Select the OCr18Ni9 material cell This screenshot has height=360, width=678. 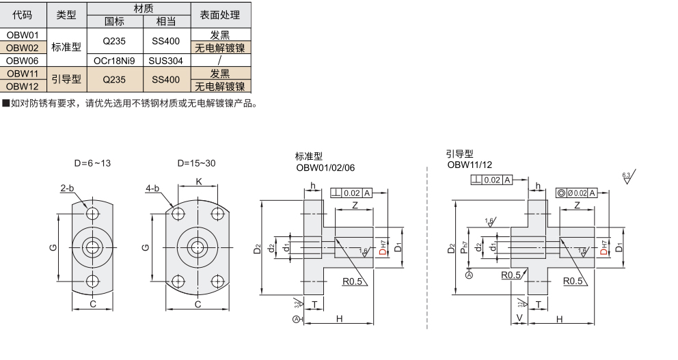pos(114,60)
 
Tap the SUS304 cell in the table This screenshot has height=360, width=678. pos(167,60)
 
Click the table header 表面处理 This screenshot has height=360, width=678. pos(219,14)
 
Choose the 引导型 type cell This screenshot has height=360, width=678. pos(66,79)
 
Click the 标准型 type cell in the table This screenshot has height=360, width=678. pos(66,47)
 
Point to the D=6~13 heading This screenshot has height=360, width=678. pos(92,164)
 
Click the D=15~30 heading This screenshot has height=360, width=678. pos(196,164)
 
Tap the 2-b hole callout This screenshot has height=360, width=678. pos(67,187)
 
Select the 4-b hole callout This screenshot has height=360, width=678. pos(152,187)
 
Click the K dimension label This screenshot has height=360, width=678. pos(198,182)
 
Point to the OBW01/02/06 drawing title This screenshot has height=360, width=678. pos(325,167)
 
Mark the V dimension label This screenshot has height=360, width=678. pos(519,318)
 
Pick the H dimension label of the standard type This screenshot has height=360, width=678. pos(339,318)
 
